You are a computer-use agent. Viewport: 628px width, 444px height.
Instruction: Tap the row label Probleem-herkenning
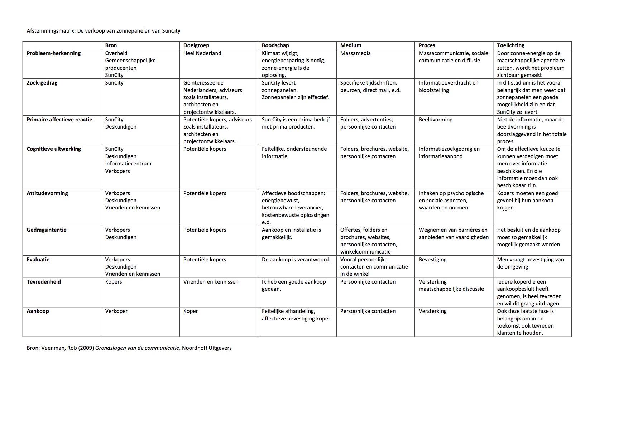tap(54, 53)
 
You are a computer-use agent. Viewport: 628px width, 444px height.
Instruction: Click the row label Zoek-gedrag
tap(42, 83)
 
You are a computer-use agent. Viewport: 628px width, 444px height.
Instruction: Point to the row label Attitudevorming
tap(47, 193)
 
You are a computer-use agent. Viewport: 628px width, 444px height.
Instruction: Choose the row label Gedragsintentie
tap(47, 230)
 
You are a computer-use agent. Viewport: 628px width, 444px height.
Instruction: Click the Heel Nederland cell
tap(202, 53)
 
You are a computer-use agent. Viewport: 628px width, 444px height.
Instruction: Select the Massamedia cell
tap(355, 53)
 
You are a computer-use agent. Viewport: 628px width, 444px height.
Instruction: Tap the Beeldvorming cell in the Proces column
tap(435, 120)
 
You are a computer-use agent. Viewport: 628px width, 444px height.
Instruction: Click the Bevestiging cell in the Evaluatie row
tap(432, 260)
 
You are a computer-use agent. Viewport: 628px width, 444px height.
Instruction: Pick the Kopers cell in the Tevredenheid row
tap(114, 282)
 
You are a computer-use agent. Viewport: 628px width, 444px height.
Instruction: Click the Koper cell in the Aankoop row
tap(191, 311)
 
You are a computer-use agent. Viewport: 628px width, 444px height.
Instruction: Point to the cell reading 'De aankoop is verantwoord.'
tap(296, 260)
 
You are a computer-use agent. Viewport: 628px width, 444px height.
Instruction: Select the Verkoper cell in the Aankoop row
tap(116, 311)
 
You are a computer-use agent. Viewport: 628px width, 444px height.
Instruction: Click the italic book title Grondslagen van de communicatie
tap(137, 348)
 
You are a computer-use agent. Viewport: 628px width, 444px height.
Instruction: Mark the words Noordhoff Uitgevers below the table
tap(207, 348)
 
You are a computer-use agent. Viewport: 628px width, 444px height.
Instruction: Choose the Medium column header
tap(351, 45)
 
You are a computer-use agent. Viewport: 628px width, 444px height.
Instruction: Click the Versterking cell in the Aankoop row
tap(432, 311)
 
